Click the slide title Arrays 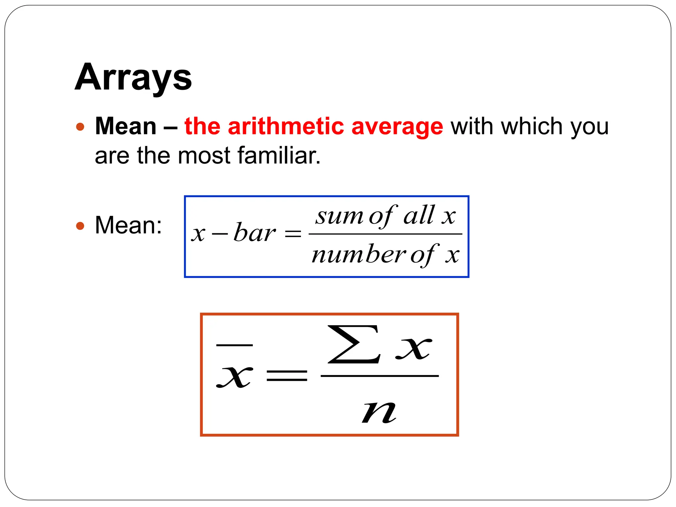pos(133,78)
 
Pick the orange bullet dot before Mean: pos(80,226)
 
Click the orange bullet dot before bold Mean pos(80,127)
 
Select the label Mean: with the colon pos(128,225)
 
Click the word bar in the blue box pos(254,232)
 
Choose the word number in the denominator pos(358,255)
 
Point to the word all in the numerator pos(419,215)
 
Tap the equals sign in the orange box pos(287,376)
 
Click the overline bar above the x pos(234,345)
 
